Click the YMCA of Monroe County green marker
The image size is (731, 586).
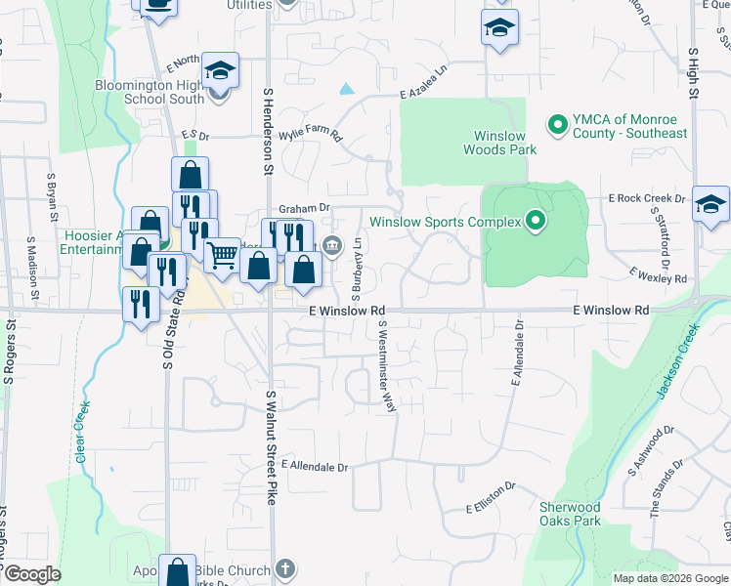557,124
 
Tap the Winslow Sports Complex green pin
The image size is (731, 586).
535,222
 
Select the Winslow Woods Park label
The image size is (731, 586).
504,143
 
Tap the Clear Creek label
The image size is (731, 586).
81,431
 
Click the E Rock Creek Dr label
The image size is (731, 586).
646,198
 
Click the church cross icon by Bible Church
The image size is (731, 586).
284,567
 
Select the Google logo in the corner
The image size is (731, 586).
31,575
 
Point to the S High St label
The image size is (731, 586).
693,73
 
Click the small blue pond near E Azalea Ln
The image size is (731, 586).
346,89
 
